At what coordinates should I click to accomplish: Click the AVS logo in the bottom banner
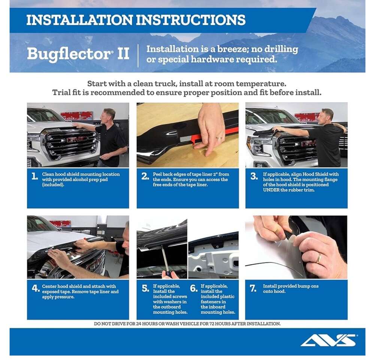(x=329, y=340)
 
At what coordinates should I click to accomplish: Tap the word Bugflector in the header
(x=69, y=54)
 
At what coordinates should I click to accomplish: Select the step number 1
(x=35, y=176)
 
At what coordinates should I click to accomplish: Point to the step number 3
(x=254, y=176)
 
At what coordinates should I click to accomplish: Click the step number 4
(x=36, y=288)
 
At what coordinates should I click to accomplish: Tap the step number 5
(x=145, y=288)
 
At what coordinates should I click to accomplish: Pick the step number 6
(x=194, y=288)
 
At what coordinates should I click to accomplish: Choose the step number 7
(x=253, y=288)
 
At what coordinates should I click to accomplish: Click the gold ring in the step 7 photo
(x=319, y=258)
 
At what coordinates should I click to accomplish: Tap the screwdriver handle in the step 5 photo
(x=168, y=274)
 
